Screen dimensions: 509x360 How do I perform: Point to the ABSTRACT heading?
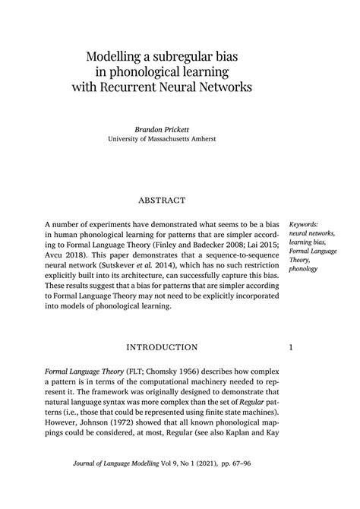162,201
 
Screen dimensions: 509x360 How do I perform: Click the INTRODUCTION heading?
162,348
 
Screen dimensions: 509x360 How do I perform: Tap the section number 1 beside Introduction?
292,348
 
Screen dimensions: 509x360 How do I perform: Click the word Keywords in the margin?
305,215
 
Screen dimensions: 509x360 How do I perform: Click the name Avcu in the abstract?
57,258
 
